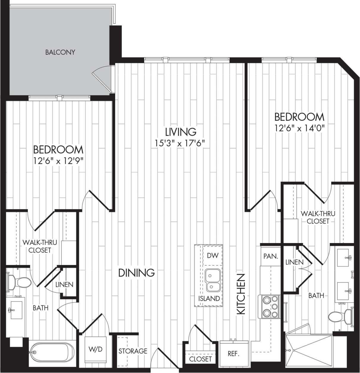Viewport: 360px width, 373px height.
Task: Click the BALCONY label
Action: tap(60, 52)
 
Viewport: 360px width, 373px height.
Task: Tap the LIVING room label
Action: tap(181, 131)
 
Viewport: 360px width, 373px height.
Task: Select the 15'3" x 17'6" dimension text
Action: tap(181, 143)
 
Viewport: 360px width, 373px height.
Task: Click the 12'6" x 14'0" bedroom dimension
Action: tap(299, 128)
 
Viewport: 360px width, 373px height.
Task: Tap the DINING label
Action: tap(137, 272)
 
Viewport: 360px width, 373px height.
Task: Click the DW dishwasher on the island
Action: tap(213, 256)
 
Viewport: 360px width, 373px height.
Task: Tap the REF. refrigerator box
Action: tap(234, 354)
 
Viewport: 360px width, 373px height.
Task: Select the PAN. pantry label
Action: tap(270, 256)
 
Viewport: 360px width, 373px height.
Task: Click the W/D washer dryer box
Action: tap(96, 349)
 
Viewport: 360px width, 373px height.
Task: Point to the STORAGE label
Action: tap(133, 351)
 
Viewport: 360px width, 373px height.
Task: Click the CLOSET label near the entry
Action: tap(201, 359)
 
